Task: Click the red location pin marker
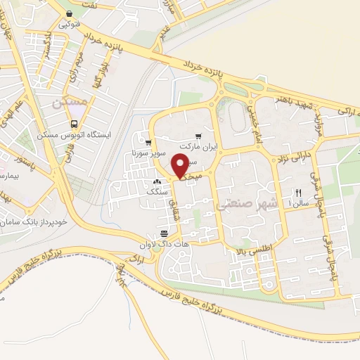(181, 166)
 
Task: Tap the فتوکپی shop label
(70, 23)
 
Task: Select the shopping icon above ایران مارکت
(198, 136)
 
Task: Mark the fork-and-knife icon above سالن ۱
(298, 192)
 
